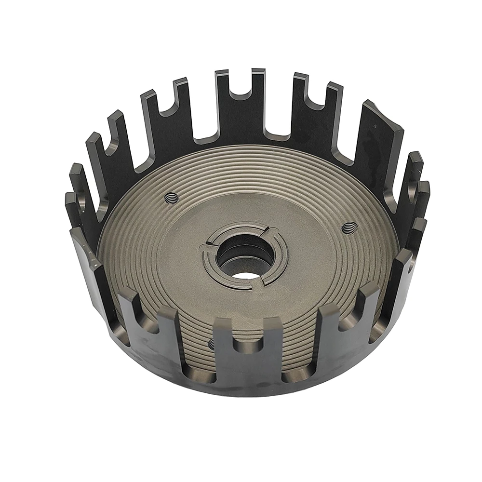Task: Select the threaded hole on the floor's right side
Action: tap(348, 227)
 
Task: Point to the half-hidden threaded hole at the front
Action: tap(211, 343)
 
